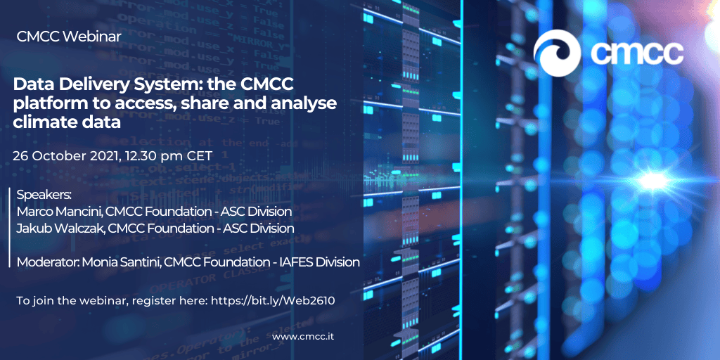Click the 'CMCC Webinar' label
tap(69, 37)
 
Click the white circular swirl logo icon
tap(560, 53)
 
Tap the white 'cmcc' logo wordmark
tap(636, 53)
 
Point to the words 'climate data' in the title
tap(67, 122)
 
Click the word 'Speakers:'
tap(44, 195)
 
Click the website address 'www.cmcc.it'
tap(302, 337)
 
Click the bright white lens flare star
tap(652, 181)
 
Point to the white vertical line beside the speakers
tap(10, 227)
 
